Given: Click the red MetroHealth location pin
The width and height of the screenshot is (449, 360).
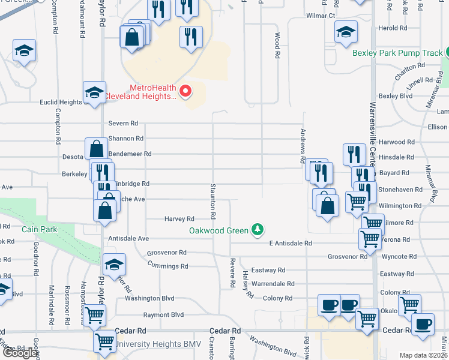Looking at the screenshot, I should pos(186,91).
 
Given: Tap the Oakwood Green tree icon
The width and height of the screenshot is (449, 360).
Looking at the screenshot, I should pos(258,229).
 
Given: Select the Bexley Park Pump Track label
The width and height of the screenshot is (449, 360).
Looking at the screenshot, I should pos(397,53).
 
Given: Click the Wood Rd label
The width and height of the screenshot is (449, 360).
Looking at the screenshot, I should pos(278,46).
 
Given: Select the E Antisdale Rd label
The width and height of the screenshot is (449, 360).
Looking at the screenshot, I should pos(291,244).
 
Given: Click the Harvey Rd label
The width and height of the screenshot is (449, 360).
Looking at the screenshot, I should pos(179,220).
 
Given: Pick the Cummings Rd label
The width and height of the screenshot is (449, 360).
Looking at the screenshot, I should pos(167,266).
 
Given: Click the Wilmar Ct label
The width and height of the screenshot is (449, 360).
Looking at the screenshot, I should pos(320,16).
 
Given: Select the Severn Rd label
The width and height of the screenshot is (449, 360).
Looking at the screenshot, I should pos(123,124).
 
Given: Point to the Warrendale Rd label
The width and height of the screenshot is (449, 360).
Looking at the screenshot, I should pos(273,284).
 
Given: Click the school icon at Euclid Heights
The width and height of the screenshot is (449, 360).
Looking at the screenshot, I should pos(94,92).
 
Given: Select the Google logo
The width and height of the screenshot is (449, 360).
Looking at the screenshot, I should pos(20,353).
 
